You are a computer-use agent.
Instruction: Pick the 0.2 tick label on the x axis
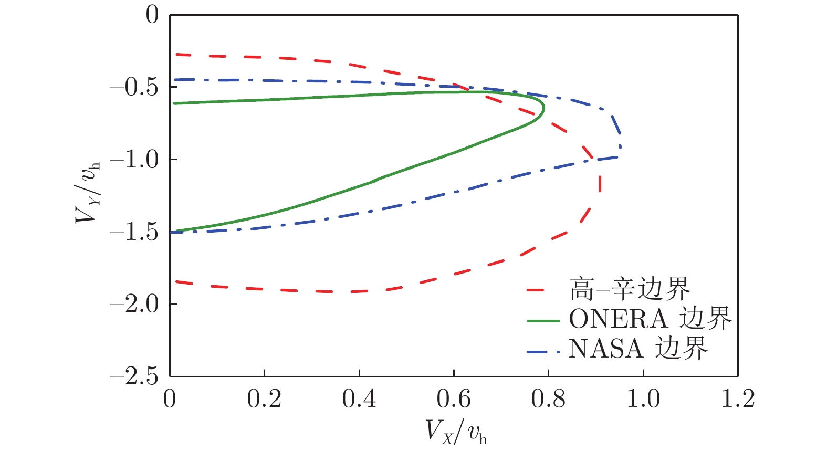pos(264,399)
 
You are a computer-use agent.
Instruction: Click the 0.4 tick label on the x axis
pos(359,399)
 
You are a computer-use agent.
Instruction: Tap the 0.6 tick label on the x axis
pos(454,399)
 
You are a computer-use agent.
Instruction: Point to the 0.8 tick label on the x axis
pos(548,399)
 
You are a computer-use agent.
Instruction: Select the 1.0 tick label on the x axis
pos(643,399)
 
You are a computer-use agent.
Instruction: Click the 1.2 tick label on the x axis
pos(738,399)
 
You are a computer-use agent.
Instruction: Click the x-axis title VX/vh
pos(456,432)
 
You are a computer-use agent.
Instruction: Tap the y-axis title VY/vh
pos(87,192)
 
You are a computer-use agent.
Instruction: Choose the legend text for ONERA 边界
pos(650,319)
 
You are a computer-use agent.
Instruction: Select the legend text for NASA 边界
pos(638,348)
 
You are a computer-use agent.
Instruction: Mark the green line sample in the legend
pos(543,320)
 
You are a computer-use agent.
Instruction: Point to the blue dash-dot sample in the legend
pos(543,349)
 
